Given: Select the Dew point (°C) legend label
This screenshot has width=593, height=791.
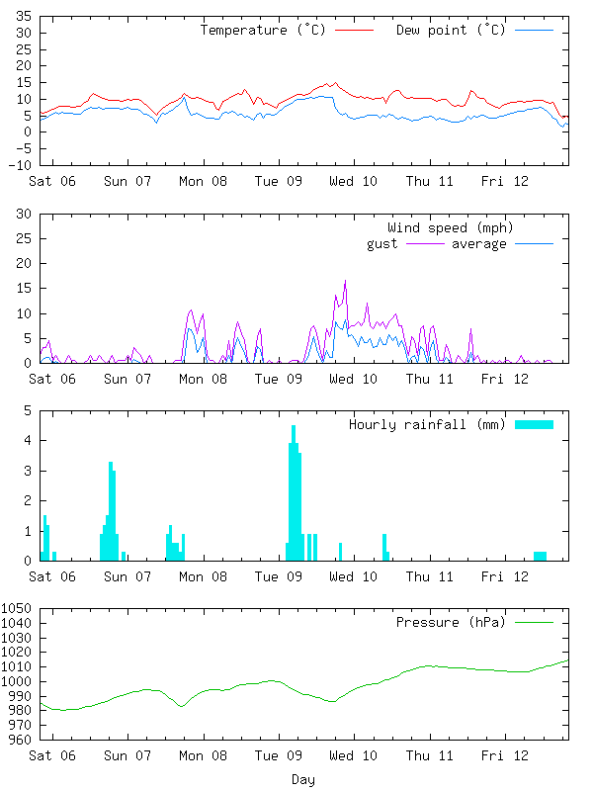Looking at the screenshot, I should point(450,31).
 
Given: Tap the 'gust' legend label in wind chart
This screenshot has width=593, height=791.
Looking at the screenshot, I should point(381,244).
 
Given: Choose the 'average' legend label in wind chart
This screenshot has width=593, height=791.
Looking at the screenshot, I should point(478,244).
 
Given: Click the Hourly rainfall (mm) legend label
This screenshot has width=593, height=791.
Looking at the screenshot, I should point(427,425).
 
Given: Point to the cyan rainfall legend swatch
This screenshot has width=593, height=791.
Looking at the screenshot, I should point(534,424).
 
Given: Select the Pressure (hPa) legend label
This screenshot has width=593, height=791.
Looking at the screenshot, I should point(450,623).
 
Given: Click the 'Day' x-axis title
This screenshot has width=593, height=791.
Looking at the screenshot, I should point(303,780).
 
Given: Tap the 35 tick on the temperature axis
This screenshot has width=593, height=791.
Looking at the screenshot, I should point(23,18).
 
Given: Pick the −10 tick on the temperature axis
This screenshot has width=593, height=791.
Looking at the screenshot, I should point(19,165).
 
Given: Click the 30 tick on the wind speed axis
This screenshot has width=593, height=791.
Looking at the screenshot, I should point(23,215).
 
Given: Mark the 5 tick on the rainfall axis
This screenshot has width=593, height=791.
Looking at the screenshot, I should point(27,411).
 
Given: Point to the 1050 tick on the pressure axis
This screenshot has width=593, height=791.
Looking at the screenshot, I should point(17,609).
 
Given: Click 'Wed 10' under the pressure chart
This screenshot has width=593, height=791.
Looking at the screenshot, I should point(354,756).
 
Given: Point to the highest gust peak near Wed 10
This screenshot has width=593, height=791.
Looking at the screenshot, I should point(345,282).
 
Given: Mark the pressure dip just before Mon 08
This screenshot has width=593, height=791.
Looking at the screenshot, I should point(181,705).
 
